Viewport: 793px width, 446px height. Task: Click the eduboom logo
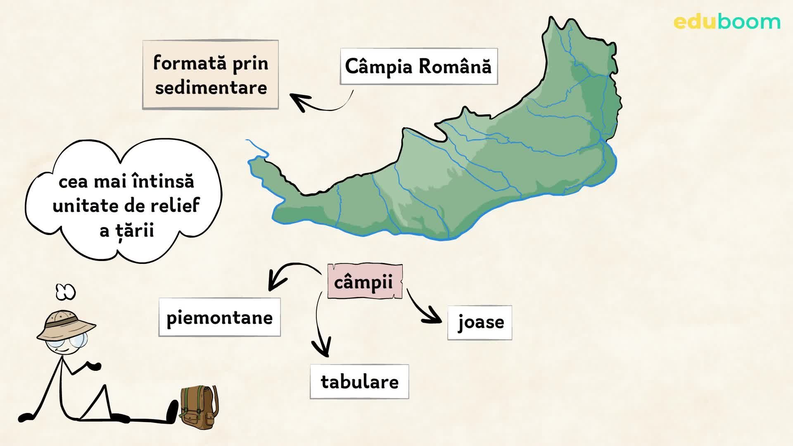pos(727,21)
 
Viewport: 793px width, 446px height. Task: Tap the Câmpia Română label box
pos(418,66)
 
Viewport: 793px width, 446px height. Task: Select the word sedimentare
pos(211,88)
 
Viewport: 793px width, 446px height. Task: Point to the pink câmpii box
pos(364,282)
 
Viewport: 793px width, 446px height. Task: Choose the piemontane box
pos(219,317)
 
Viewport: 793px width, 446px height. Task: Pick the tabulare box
pos(359,382)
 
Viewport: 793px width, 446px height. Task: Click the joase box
pos(480,323)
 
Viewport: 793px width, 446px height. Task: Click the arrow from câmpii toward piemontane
pos(291,273)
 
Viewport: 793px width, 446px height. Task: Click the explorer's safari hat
pos(66,325)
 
